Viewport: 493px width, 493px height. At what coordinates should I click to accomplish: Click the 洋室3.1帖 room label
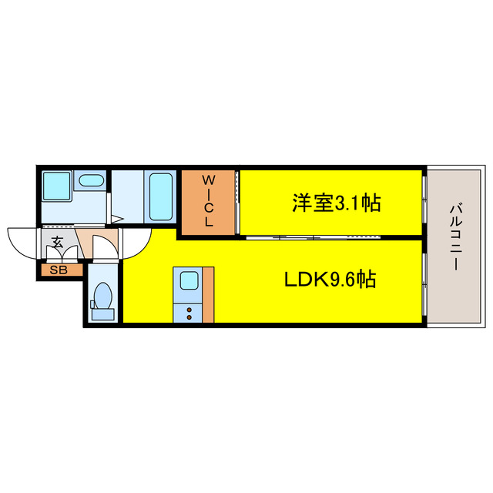pyautogui.click(x=336, y=204)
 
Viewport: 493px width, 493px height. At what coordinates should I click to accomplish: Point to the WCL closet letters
pyautogui.click(x=207, y=201)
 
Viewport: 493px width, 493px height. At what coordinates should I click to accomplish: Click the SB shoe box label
pyautogui.click(x=59, y=270)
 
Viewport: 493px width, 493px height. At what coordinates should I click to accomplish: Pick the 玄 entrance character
pyautogui.click(x=58, y=241)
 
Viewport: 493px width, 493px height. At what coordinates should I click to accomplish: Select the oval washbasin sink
pyautogui.click(x=92, y=182)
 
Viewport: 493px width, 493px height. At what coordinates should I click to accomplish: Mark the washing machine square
pyautogui.click(x=55, y=186)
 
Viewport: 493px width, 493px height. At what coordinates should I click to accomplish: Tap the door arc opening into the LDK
pyautogui.click(x=135, y=242)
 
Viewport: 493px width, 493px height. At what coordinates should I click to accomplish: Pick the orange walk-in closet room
pyautogui.click(x=207, y=220)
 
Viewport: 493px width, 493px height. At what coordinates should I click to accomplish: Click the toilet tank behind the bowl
pyautogui.click(x=102, y=314)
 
